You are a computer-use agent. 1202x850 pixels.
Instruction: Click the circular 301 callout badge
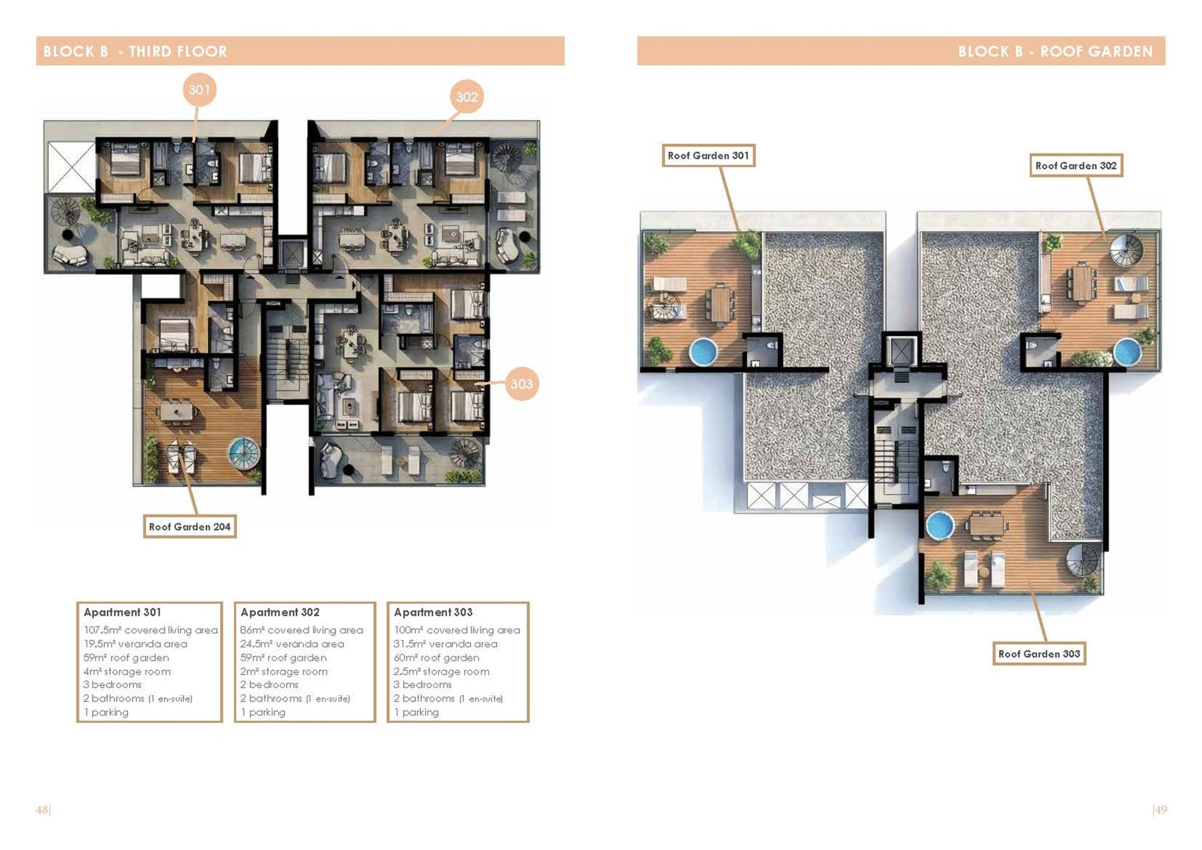200,90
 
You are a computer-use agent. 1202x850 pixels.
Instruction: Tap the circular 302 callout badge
466,96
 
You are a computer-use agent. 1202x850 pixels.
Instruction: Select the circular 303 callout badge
521,384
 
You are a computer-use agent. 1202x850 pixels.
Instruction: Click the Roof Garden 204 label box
190,526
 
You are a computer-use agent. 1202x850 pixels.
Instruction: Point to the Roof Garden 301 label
709,155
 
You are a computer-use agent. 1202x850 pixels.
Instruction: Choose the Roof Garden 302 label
1076,165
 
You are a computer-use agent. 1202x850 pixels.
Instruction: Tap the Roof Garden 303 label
1039,653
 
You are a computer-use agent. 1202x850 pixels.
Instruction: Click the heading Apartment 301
122,612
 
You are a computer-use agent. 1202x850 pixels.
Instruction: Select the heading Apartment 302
280,612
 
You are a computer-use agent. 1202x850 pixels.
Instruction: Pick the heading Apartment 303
433,612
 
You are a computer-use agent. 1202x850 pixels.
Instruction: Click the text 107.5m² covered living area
151,630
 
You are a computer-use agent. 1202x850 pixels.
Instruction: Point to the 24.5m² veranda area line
292,643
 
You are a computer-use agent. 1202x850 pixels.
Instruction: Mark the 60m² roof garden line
436,657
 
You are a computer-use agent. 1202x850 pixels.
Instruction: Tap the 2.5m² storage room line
441,671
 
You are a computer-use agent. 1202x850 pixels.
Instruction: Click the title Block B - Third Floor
135,51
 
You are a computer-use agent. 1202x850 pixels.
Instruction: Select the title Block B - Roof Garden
1056,51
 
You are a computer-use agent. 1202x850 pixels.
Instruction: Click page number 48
42,809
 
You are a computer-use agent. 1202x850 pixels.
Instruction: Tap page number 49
1161,809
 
